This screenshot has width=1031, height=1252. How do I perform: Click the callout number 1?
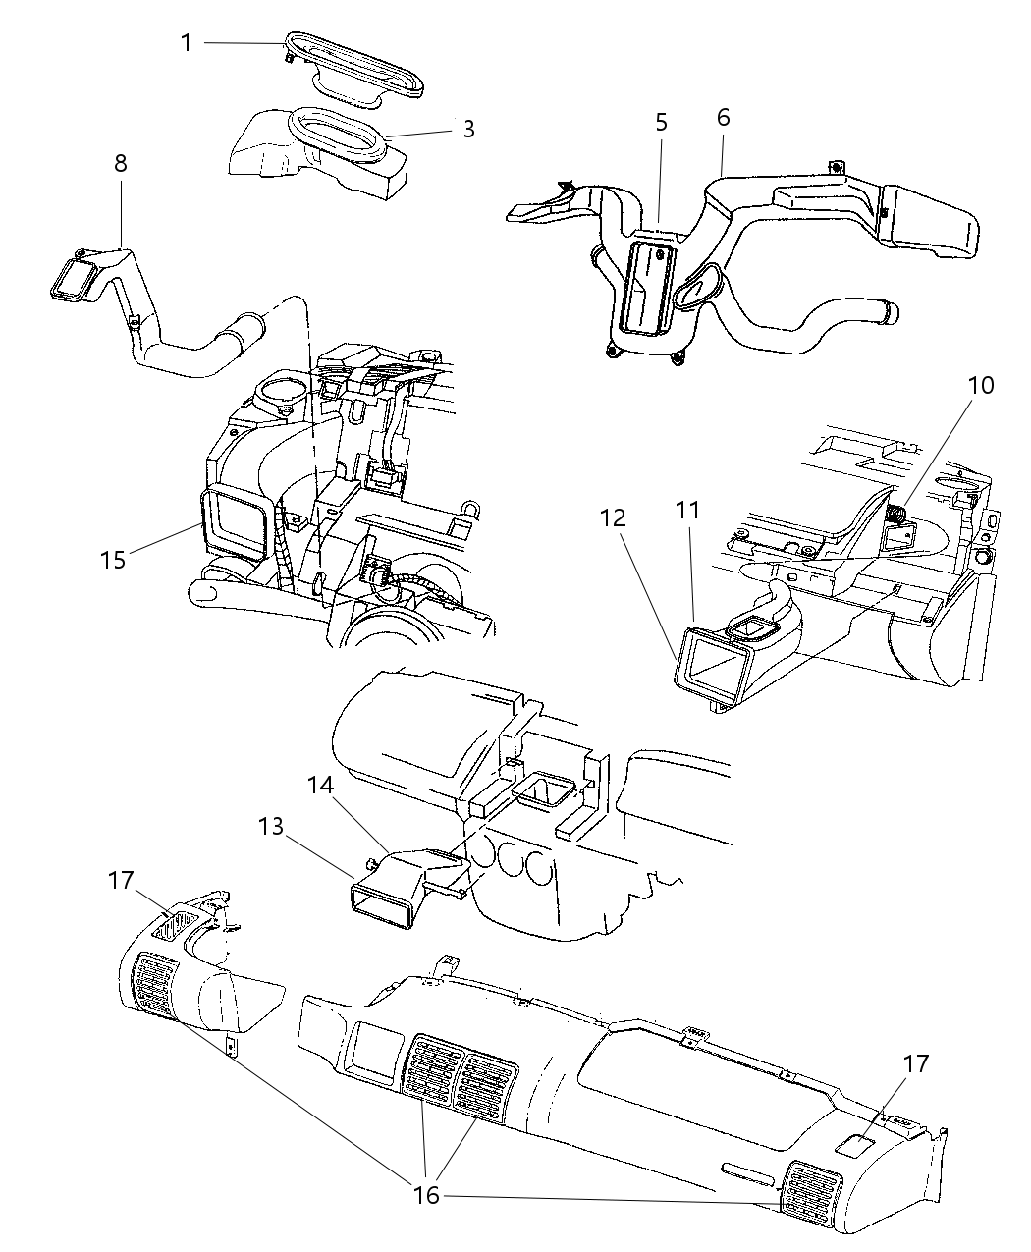pyautogui.click(x=187, y=42)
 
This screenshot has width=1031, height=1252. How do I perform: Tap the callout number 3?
pyautogui.click(x=468, y=130)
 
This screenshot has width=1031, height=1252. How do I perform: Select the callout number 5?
pyautogui.click(x=661, y=122)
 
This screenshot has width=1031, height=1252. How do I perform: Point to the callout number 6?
pyautogui.click(x=723, y=118)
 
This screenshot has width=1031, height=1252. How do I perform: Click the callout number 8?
pyautogui.click(x=121, y=163)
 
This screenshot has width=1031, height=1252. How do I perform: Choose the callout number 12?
pyautogui.click(x=613, y=517)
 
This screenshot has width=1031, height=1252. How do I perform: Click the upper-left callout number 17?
pyautogui.click(x=122, y=881)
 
